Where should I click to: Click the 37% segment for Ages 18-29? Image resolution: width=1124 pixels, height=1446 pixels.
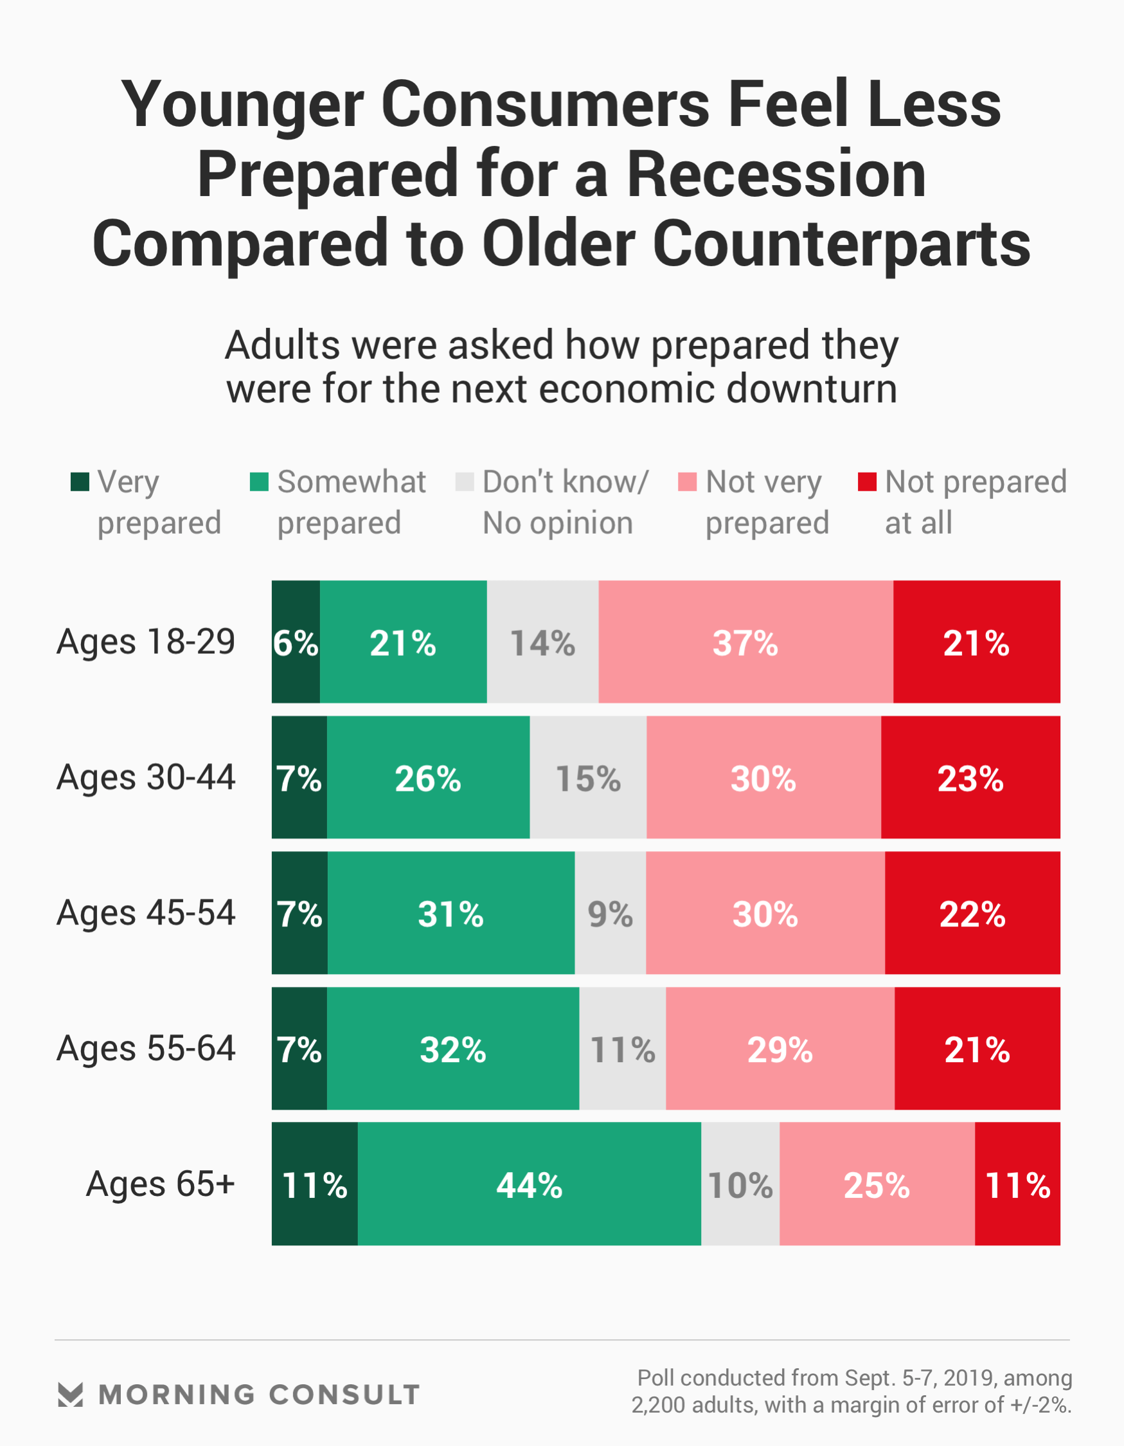click(745, 642)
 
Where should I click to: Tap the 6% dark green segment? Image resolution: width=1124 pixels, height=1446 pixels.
click(296, 642)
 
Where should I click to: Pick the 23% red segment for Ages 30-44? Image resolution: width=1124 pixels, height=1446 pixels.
click(970, 777)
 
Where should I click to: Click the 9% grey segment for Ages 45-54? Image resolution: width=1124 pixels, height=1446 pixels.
click(611, 913)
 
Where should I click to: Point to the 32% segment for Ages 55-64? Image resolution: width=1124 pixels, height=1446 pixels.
click(453, 1049)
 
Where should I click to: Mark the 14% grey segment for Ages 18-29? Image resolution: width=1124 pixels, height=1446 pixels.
click(543, 642)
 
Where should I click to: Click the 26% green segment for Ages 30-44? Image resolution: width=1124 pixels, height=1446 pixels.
click(428, 777)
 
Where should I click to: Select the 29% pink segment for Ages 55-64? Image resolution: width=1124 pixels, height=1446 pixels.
click(780, 1049)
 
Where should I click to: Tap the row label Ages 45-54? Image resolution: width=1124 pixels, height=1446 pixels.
click(146, 913)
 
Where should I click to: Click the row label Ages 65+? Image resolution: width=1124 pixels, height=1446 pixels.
click(160, 1184)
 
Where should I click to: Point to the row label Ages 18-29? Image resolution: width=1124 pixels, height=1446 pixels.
click(146, 642)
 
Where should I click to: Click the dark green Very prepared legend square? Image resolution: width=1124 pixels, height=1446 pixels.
click(80, 482)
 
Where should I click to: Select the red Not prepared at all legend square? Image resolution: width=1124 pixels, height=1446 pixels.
click(867, 482)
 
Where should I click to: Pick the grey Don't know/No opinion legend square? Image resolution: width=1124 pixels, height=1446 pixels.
click(465, 482)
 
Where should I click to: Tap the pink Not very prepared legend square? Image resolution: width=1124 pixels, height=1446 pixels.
click(688, 482)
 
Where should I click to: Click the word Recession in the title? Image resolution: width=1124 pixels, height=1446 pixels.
click(776, 175)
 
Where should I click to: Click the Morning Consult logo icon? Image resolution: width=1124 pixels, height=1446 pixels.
click(70, 1395)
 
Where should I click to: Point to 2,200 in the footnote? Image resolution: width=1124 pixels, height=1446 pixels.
click(658, 1405)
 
